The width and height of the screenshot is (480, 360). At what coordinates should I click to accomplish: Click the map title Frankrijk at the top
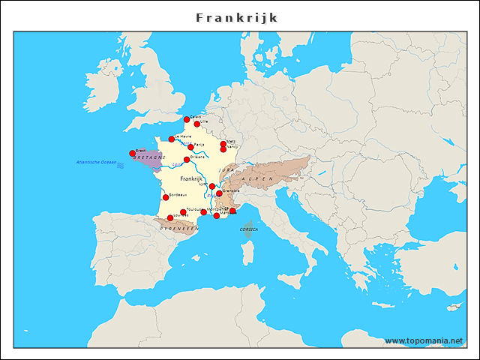236,16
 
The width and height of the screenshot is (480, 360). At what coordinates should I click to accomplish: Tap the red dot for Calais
187,119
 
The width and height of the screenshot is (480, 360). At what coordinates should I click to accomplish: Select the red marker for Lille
197,124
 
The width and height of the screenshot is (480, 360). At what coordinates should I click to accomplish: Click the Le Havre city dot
172,139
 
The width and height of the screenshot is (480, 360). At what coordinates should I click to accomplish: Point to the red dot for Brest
133,153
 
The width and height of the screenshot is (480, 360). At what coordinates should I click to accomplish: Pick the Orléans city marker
187,159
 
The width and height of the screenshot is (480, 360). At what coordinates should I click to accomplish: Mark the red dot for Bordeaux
166,197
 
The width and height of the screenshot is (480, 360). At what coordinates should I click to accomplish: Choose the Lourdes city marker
170,217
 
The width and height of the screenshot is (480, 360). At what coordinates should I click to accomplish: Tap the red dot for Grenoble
219,193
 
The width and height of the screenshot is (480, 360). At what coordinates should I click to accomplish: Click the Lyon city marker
212,186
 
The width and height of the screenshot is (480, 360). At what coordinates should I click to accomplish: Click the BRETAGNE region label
148,158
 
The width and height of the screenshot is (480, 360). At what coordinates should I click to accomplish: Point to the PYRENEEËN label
179,227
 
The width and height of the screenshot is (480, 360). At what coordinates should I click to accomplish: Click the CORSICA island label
249,229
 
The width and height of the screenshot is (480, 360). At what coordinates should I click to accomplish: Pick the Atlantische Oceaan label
96,162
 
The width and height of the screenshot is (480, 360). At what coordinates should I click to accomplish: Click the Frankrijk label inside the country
192,179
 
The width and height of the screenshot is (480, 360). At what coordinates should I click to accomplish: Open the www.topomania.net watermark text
424,341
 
